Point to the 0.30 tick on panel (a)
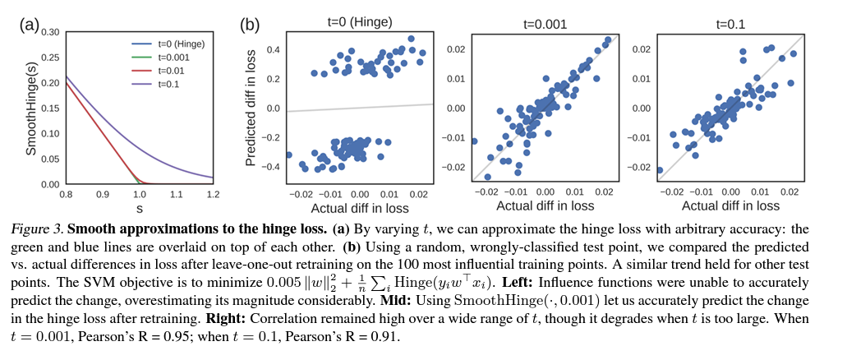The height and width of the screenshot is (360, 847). (x=49, y=32)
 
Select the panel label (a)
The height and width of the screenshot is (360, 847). (x=29, y=24)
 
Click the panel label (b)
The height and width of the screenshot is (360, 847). (x=249, y=24)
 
